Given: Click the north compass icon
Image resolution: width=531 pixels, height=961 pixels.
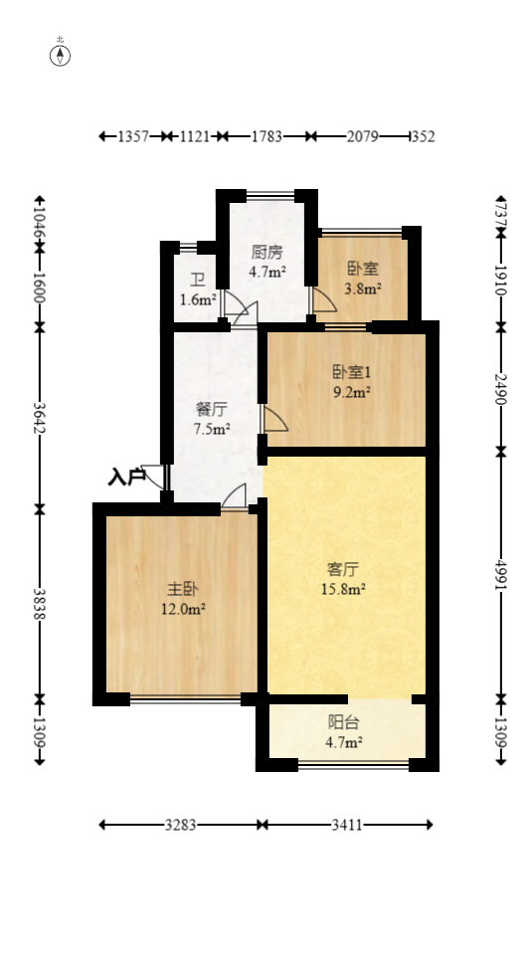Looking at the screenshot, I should point(61,55).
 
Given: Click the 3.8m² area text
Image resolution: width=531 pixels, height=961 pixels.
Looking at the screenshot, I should point(363,288).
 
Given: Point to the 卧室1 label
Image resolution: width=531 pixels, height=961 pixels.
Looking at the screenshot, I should point(351,372).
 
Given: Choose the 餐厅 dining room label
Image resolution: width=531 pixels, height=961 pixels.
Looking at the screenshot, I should point(211,409).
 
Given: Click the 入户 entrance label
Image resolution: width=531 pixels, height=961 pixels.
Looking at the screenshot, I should point(126,478).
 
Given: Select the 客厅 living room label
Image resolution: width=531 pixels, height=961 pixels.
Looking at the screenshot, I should point(343,569).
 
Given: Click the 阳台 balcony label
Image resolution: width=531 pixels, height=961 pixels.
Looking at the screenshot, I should point(344,722).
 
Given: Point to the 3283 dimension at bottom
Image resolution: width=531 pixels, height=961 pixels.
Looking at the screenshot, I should point(180,825).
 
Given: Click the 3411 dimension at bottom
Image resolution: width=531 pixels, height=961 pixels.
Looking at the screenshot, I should point(347,825).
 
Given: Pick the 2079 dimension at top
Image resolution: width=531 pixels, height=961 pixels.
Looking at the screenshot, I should point(362,136).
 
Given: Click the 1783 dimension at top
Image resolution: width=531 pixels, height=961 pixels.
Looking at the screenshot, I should point(264,136).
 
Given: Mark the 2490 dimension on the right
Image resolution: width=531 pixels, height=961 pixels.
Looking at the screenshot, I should point(500,388).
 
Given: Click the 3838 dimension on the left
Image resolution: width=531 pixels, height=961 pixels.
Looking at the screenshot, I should point(39,603).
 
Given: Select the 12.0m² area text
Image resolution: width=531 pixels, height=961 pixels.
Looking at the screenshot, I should point(185,609).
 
